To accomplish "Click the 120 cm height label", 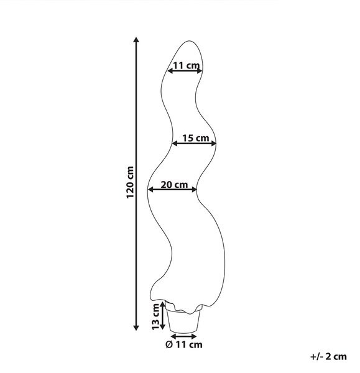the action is click(x=130, y=182).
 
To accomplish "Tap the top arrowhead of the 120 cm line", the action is click(x=136, y=40).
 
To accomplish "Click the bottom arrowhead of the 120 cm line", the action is click(x=136, y=328).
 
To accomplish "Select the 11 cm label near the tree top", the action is click(x=187, y=65).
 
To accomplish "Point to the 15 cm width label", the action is click(x=196, y=138).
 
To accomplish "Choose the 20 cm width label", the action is click(x=174, y=185).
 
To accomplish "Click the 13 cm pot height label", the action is click(x=155, y=316).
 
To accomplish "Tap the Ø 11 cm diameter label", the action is click(x=184, y=344).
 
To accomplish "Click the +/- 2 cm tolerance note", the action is click(x=328, y=357).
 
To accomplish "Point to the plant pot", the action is click(x=183, y=320).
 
